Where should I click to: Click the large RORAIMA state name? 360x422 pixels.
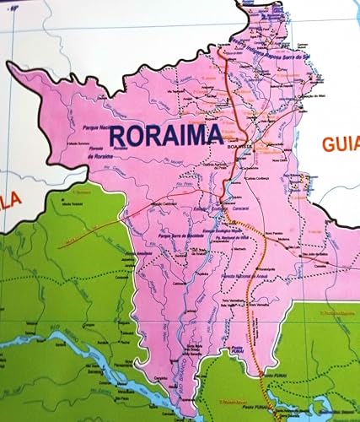click(164, 133)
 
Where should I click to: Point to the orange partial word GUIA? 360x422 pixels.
click(340, 143)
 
